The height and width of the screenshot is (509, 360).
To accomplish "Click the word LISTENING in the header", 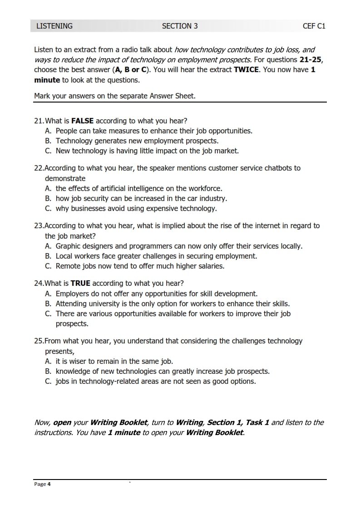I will (54, 26).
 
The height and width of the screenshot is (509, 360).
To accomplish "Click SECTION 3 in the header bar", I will (180, 26).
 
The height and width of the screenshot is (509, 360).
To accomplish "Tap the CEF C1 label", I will (314, 26).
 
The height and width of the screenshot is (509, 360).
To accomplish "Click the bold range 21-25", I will (311, 60).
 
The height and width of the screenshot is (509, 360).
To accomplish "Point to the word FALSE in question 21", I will (83, 121).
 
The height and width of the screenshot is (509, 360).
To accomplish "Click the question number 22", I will (39, 168).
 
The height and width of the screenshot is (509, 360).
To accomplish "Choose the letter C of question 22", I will (48, 208).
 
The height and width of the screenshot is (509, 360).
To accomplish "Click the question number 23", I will (39, 225).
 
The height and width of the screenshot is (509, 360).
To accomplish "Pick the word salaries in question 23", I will (209, 266).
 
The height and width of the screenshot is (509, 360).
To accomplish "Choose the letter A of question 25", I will (48, 361).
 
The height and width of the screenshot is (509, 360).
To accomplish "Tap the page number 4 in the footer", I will (49, 484).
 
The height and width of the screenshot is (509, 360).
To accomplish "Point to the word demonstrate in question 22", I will (65, 178).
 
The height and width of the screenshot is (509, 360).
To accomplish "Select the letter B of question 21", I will (48, 141).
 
